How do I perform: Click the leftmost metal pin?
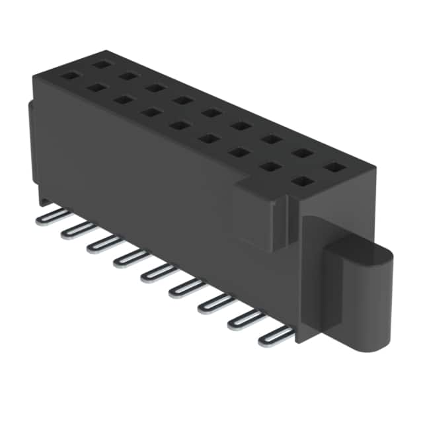(50, 214)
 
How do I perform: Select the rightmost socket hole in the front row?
(303, 181)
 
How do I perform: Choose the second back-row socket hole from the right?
(303, 153)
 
